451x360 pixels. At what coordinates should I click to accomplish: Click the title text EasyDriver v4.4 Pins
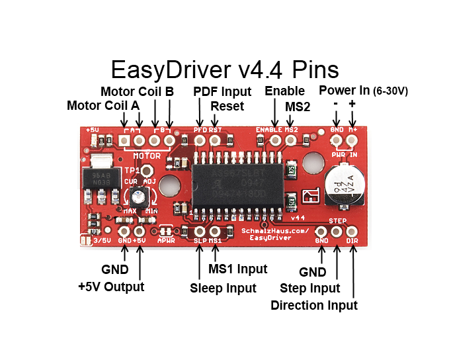(x=225, y=70)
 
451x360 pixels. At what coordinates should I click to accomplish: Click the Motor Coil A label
(x=103, y=106)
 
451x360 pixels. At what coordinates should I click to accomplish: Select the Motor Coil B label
(x=137, y=91)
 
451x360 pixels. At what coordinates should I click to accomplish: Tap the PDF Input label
(x=222, y=91)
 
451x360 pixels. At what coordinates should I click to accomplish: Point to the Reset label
(x=227, y=106)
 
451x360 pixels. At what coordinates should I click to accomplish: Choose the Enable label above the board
(x=284, y=91)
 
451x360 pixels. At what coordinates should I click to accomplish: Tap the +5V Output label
(x=110, y=287)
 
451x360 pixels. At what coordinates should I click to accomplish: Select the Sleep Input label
(x=223, y=288)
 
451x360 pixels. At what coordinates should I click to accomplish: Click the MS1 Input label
(x=238, y=269)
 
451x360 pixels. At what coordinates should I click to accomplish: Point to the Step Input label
(x=310, y=288)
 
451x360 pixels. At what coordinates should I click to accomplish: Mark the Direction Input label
(x=314, y=305)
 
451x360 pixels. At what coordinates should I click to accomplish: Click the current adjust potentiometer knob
(x=138, y=195)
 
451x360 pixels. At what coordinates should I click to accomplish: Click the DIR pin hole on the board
(x=352, y=232)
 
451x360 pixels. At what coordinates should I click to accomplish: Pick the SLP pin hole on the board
(x=200, y=232)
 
